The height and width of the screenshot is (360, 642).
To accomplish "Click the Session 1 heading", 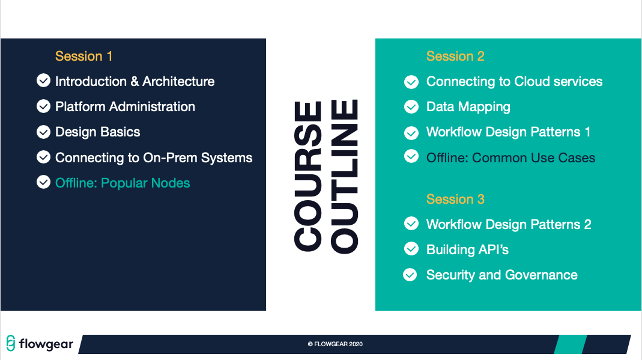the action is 83,56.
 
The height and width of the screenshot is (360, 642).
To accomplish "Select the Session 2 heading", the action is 455,56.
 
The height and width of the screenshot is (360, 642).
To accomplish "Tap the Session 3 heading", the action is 455,199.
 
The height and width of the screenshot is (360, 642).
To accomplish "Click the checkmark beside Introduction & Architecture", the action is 43,81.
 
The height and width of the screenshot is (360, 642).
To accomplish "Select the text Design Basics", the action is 97,132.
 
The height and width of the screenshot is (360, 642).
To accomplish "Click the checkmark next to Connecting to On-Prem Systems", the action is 43,157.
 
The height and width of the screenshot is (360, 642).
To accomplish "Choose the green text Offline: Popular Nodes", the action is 123,183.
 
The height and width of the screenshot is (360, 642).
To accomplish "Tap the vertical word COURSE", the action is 308,176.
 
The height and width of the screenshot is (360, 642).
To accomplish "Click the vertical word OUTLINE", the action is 344,177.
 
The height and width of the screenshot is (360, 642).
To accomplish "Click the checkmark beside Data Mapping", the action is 411,107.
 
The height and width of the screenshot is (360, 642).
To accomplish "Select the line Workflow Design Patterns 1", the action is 508,132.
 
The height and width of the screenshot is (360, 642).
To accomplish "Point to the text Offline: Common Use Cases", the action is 510,157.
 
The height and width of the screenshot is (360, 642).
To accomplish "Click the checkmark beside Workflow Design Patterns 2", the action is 411,224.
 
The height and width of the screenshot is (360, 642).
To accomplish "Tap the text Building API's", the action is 467,249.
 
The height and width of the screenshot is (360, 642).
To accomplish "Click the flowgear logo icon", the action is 11,343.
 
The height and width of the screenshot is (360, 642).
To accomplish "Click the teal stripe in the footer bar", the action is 571,344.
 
